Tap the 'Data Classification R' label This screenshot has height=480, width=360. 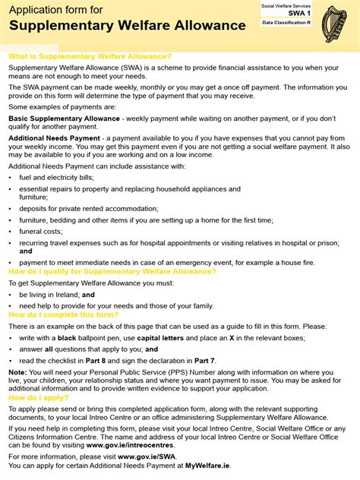click(287, 23)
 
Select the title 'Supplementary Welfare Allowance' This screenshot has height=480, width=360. click(128, 26)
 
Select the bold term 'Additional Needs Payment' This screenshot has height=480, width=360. click(54, 138)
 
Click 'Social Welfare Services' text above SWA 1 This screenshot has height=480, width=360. click(287, 5)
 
